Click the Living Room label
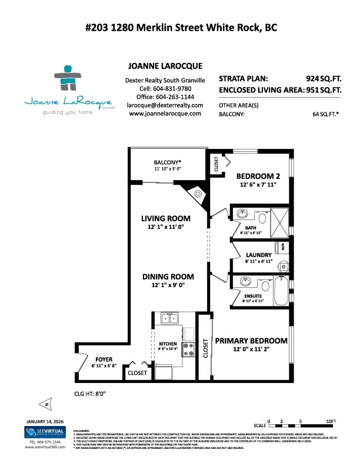pos(164,218)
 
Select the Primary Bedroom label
pos(251,341)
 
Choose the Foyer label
pos(104,359)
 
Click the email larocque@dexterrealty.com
pos(165,105)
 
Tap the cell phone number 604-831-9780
pos(165,88)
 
